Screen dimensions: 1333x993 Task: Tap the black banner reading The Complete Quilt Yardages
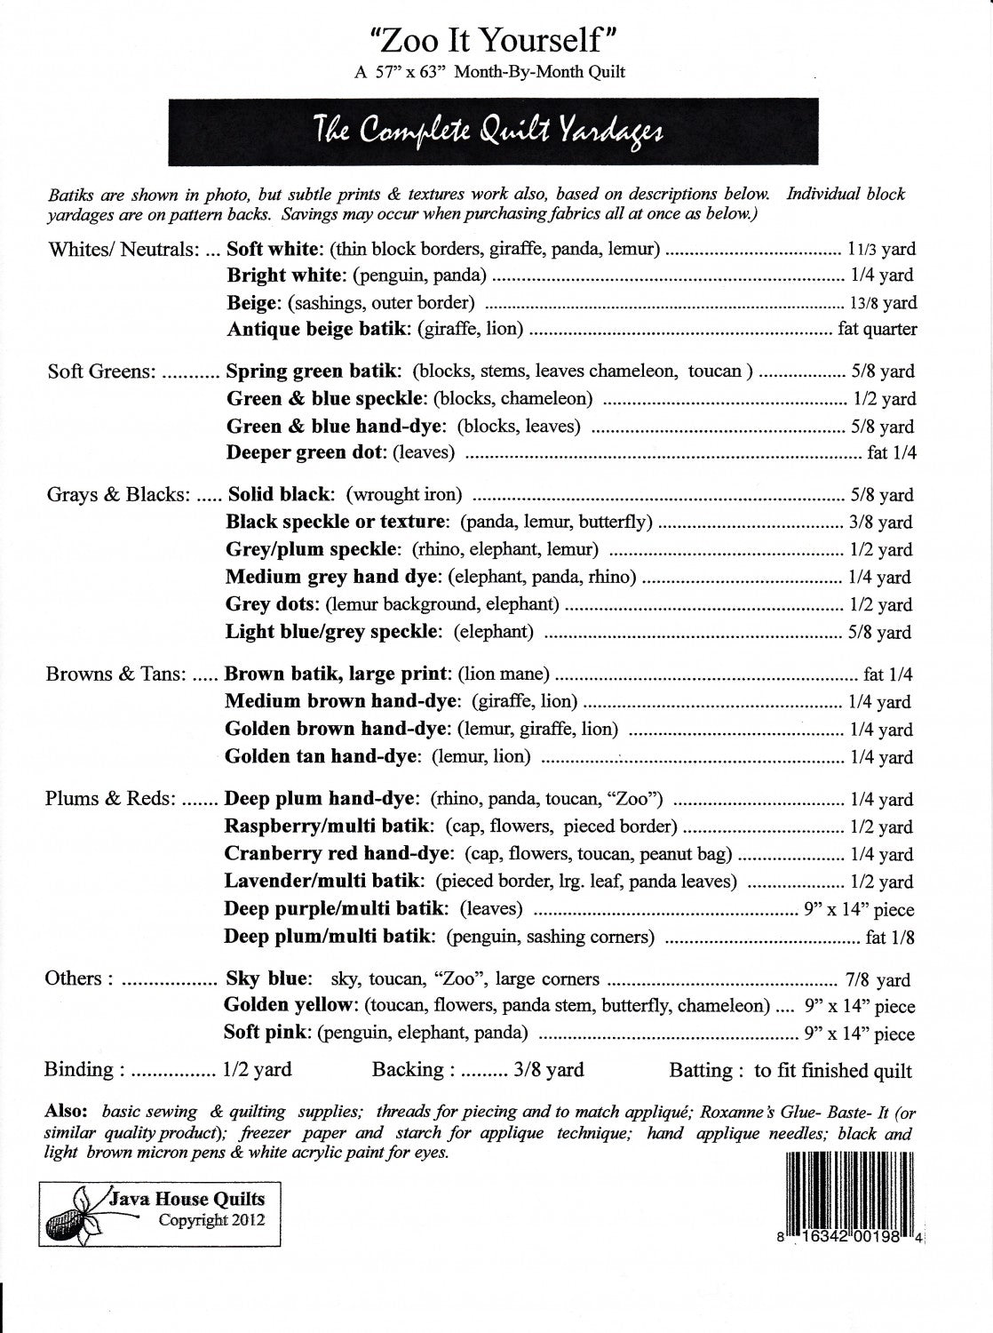tap(488, 132)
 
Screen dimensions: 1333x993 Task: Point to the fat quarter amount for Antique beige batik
tap(878, 330)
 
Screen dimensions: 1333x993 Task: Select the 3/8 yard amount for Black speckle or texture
tap(879, 523)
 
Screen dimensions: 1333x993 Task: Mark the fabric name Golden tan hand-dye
tap(321, 756)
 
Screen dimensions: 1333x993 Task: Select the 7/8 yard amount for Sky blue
tap(878, 980)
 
